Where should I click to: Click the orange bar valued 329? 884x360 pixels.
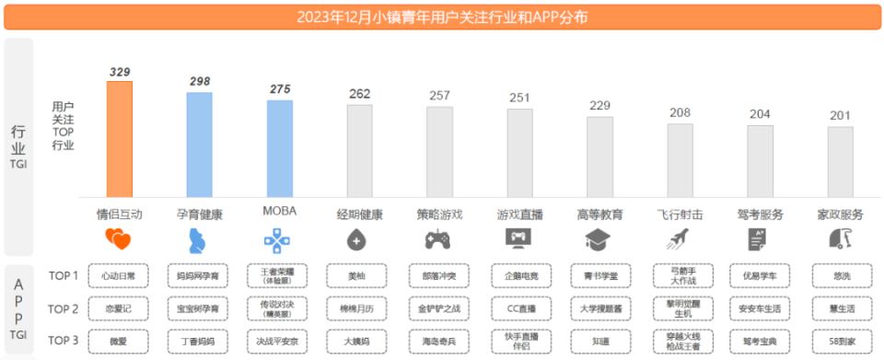click(x=120, y=138)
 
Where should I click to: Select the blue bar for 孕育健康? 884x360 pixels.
click(x=200, y=144)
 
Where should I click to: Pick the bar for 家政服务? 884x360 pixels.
click(x=840, y=160)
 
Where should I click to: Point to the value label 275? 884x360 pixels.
click(x=280, y=89)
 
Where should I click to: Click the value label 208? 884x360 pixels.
click(x=680, y=112)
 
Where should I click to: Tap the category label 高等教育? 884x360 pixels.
click(x=599, y=215)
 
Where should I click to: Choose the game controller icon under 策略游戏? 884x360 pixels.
click(x=436, y=240)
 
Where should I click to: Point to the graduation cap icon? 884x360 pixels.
click(x=599, y=240)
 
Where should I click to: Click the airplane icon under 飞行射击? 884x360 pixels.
click(x=680, y=240)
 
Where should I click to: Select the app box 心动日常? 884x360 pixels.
click(x=119, y=275)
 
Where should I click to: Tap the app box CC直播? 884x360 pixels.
click(x=518, y=308)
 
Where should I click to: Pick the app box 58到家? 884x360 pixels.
click(x=841, y=342)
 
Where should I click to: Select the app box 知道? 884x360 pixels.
click(x=599, y=342)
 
